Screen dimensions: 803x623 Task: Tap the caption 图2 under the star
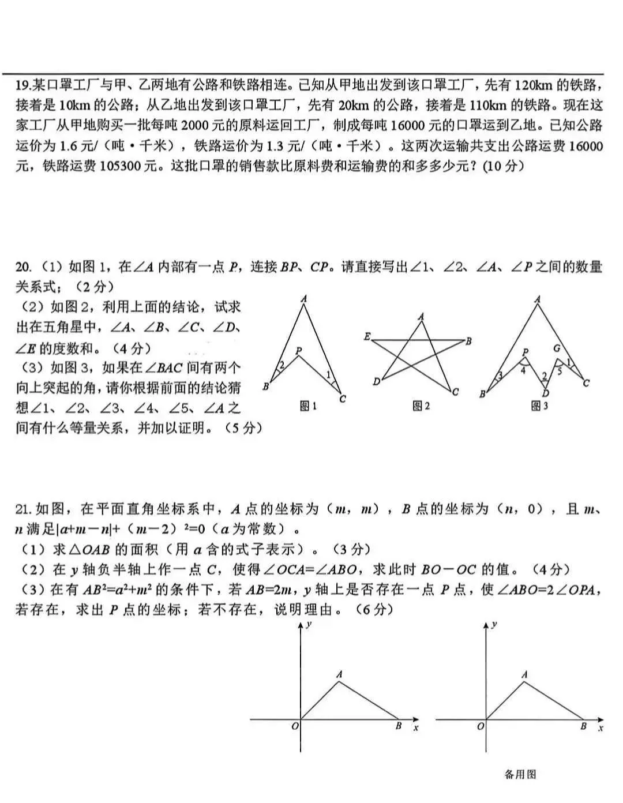(x=421, y=406)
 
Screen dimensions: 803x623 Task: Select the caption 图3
(x=539, y=406)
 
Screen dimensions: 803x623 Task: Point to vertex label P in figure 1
(x=298, y=350)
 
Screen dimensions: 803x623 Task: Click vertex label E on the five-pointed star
(x=367, y=336)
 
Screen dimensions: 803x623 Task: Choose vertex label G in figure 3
(x=557, y=348)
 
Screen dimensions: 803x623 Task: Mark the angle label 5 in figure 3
(x=559, y=372)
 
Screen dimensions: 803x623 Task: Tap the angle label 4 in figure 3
(x=523, y=370)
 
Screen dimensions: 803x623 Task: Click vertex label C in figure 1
(x=343, y=399)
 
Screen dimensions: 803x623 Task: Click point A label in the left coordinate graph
(x=339, y=674)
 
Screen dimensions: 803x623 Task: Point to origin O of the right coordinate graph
(x=481, y=726)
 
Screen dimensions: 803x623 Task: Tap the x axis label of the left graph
(x=416, y=728)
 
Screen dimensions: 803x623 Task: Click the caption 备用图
(x=520, y=774)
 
